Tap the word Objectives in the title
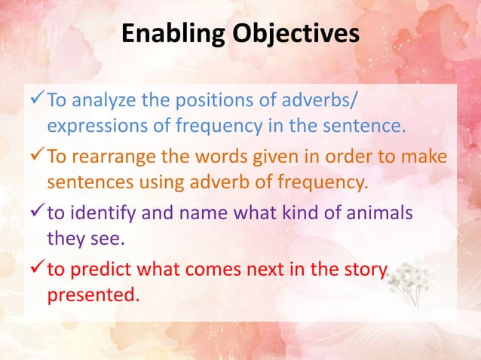(x=292, y=35)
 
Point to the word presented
(x=93, y=293)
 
